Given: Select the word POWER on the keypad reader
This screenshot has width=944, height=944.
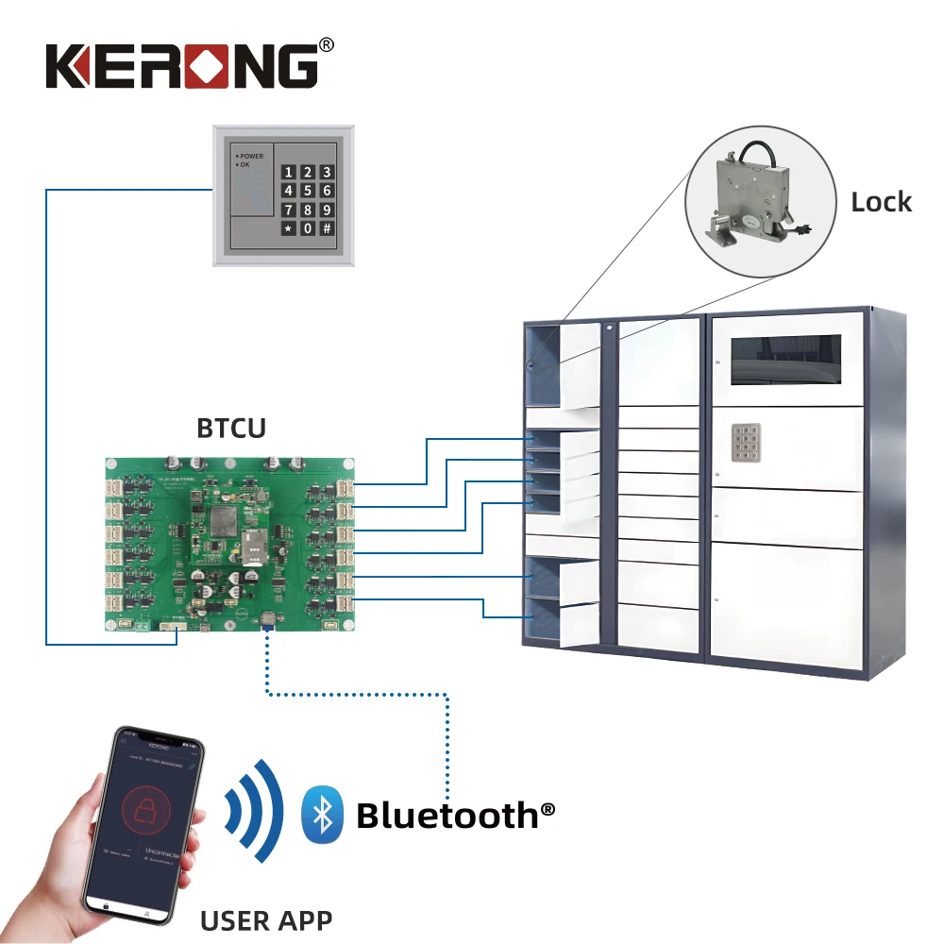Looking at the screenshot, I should (251, 156).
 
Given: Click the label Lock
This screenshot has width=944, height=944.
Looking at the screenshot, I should (881, 202).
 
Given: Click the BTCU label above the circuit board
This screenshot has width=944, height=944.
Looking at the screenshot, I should (231, 428).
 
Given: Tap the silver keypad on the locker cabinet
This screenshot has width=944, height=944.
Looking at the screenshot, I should (750, 441).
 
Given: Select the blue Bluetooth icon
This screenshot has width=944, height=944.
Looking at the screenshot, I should (322, 814).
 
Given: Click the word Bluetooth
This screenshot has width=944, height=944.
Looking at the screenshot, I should (447, 815).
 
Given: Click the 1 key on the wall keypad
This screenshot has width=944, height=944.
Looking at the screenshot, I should (286, 172).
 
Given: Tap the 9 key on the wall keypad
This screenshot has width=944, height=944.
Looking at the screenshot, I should (327, 210).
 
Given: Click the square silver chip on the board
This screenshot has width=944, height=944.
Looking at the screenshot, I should (224, 517).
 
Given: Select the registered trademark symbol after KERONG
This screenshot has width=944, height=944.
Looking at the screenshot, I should (327, 43).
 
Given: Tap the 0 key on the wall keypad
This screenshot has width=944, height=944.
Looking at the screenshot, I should (306, 228).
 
